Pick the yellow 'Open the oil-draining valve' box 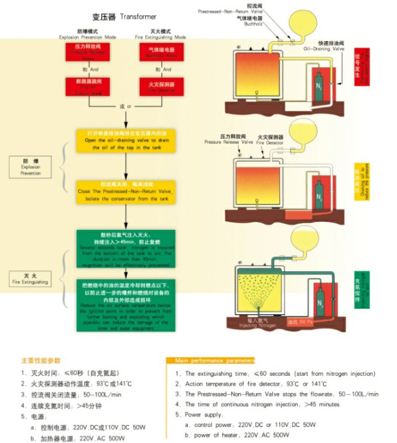pyautogui.click(x=125, y=140)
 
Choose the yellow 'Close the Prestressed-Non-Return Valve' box pyautogui.click(x=125, y=192)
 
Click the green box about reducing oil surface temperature pyautogui.click(x=125, y=304)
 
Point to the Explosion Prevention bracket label pyautogui.click(x=30, y=166)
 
